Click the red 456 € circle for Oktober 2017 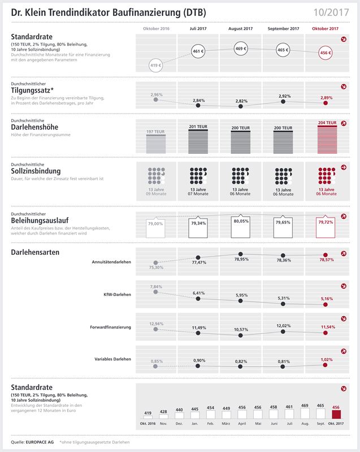pos(326,53)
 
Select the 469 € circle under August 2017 pos(241,49)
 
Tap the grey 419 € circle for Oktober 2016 pos(156,66)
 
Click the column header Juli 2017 pos(198,28)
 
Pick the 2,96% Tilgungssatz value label pos(157,95)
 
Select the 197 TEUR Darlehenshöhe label pos(155,131)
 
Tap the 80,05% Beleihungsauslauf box pos(241,221)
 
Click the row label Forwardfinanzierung pos(111,327)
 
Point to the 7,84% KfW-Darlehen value pos(157,286)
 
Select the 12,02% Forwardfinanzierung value pos(284,325)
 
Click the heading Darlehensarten pos(35,252)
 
